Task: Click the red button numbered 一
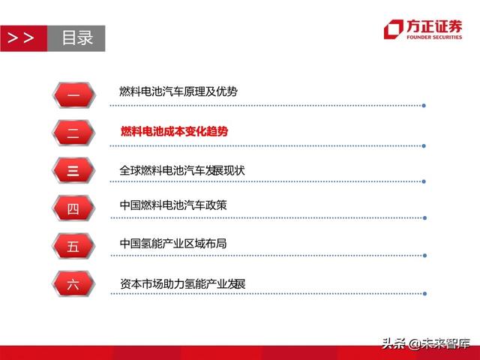click(73, 93)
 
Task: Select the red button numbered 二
click(73, 132)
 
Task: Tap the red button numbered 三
click(73, 170)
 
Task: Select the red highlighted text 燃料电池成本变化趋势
click(174, 131)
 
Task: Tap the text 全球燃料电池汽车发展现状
click(182, 170)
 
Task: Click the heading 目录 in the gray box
click(76, 38)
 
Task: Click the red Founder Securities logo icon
click(393, 29)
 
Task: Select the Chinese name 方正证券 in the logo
click(434, 26)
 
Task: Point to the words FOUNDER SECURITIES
click(434, 37)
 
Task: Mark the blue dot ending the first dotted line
click(424, 105)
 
